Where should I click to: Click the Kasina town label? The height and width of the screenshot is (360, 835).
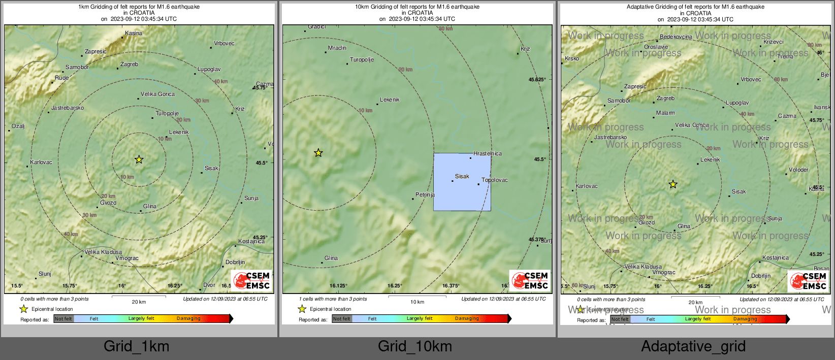click(134, 34)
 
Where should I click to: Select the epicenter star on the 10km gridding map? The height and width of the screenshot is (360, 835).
click(318, 153)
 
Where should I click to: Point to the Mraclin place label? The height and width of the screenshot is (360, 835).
click(337, 48)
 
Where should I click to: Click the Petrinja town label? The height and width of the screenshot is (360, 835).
click(425, 194)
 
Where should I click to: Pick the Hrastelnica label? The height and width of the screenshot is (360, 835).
click(488, 153)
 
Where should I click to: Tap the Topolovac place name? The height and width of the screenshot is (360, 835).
click(494, 180)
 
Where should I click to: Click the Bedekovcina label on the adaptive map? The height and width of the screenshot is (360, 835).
click(676, 37)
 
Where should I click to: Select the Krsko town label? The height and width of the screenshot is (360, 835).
click(572, 59)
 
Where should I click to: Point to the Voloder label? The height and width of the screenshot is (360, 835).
click(798, 170)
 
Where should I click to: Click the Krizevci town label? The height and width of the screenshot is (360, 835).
click(773, 42)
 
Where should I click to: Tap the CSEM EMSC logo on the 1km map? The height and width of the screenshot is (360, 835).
click(252, 280)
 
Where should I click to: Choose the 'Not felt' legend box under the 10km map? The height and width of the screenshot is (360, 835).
click(342, 319)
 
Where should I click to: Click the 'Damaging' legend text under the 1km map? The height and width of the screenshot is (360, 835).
click(188, 318)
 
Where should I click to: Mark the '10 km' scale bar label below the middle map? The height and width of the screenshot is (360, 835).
click(417, 302)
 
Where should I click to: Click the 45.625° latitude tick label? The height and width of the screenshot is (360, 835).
click(537, 80)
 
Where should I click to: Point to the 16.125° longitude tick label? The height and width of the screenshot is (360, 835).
click(339, 286)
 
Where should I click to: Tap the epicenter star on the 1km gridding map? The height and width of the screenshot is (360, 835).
click(139, 159)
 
